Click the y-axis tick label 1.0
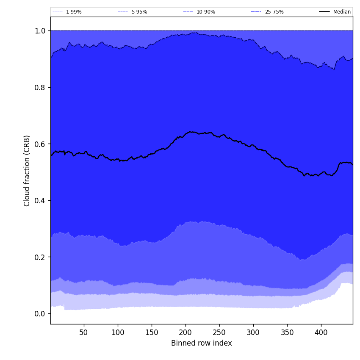point(40,31)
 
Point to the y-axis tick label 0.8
point(40,87)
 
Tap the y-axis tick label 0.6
point(40,144)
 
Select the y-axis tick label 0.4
point(40,200)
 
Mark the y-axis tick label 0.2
point(40,257)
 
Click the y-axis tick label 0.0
point(40,313)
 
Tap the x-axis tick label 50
point(84,332)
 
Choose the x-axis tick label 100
point(118,332)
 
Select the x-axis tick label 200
point(186,332)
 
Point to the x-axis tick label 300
point(253,332)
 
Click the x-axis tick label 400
point(321,332)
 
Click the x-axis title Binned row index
point(201,343)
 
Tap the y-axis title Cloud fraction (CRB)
point(27,171)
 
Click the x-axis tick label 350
point(287,332)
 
